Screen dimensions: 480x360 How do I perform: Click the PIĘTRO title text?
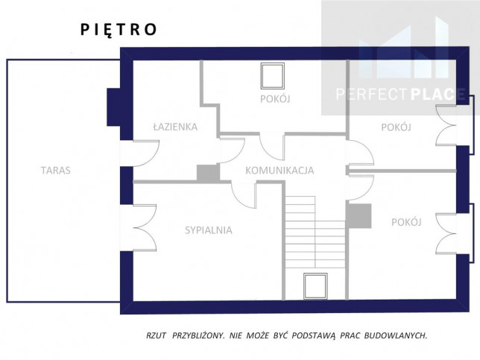point(119,30)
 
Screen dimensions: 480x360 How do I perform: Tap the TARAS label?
point(56,170)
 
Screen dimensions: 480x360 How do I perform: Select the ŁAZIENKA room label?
point(175,127)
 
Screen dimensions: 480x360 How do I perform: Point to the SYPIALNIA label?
point(209,230)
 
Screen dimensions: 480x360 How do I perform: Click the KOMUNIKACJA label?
point(280,171)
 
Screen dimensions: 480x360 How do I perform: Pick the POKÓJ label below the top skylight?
point(275,99)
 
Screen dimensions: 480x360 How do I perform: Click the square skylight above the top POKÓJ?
point(273,76)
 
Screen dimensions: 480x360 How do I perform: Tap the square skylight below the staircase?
point(315,286)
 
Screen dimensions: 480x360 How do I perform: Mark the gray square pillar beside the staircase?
point(359,216)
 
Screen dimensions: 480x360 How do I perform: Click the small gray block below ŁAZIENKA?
point(208,173)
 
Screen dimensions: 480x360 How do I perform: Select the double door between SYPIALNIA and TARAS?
point(145,228)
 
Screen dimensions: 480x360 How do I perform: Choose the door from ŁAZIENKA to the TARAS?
point(146,154)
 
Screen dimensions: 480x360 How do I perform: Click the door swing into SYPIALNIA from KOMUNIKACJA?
point(244,195)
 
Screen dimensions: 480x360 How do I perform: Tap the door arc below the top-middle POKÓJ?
point(272,146)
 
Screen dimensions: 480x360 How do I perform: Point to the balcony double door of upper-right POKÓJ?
point(446,125)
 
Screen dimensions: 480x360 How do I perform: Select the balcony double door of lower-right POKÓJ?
point(446,233)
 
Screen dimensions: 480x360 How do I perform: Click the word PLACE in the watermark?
point(437,94)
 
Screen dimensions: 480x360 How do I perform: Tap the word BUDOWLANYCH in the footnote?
point(396,335)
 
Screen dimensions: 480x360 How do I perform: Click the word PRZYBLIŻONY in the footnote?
point(198,335)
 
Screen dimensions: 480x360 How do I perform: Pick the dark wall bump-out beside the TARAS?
point(113,107)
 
